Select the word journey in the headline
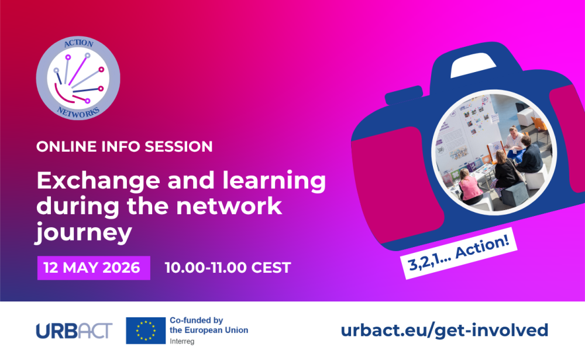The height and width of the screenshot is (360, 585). pyautogui.click(x=82, y=233)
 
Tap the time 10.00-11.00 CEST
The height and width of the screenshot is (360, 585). pyautogui.click(x=228, y=268)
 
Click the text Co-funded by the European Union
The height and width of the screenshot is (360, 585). pyautogui.click(x=208, y=325)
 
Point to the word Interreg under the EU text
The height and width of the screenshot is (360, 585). pyautogui.click(x=183, y=340)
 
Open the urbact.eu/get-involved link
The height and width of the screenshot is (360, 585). pyautogui.click(x=445, y=330)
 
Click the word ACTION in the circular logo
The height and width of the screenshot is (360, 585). pyautogui.click(x=78, y=44)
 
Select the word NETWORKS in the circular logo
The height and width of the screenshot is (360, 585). pyautogui.click(x=78, y=112)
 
